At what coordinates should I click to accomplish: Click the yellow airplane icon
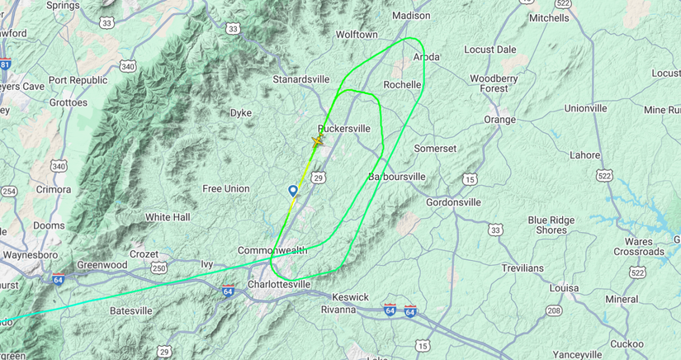point(317,141)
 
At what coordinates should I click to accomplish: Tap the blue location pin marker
point(292,191)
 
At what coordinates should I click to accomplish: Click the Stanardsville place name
point(301,79)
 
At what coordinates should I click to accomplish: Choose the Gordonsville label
point(459,201)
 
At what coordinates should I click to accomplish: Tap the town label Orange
point(499,120)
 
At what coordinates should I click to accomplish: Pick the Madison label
point(411,16)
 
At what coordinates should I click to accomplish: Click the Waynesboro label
point(28,255)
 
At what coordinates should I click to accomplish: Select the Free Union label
point(226,189)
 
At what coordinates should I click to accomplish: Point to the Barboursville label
point(396,177)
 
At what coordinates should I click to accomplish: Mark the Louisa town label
point(564,287)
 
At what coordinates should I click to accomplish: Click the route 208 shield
point(555,310)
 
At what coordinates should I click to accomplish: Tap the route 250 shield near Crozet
point(159,268)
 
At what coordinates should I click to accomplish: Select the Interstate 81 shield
point(4,64)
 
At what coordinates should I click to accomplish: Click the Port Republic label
point(78,80)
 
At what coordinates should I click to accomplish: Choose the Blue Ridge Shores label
point(558,225)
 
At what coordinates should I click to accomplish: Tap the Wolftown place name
point(357,35)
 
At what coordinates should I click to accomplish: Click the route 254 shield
point(8,192)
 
